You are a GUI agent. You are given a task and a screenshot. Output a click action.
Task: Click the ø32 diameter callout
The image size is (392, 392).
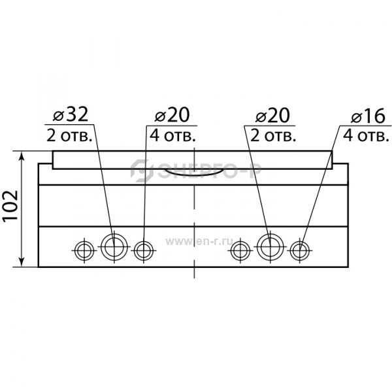[71, 115]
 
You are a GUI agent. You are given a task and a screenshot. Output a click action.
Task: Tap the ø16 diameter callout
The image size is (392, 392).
[368, 116]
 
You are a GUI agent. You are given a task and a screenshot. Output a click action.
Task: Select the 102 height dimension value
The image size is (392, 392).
[10, 206]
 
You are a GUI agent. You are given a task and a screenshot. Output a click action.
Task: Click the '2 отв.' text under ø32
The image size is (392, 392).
[69, 136]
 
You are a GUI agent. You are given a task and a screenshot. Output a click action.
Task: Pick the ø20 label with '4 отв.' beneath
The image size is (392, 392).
[172, 115]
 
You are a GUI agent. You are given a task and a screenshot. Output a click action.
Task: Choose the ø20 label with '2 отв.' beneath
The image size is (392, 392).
[272, 116]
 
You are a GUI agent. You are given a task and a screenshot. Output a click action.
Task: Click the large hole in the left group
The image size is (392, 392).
[114, 247]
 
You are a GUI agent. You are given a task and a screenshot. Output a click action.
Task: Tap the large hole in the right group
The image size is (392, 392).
[270, 247]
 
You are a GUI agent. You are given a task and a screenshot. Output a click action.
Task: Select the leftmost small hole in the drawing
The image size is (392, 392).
[84, 250]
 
